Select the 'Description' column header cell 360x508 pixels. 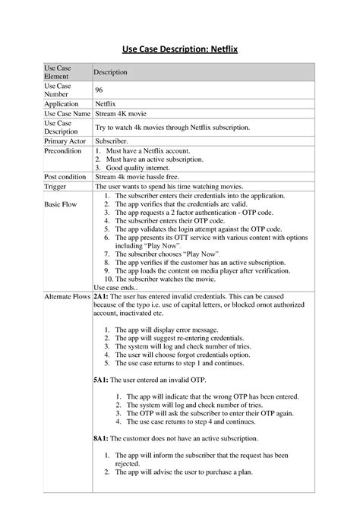click(110, 72)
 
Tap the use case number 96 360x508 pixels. click(99, 90)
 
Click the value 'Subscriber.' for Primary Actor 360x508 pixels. click(112, 140)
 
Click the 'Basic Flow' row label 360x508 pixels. click(61, 205)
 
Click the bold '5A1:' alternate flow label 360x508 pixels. click(101, 378)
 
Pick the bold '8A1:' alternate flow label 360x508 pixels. click(101, 438)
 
